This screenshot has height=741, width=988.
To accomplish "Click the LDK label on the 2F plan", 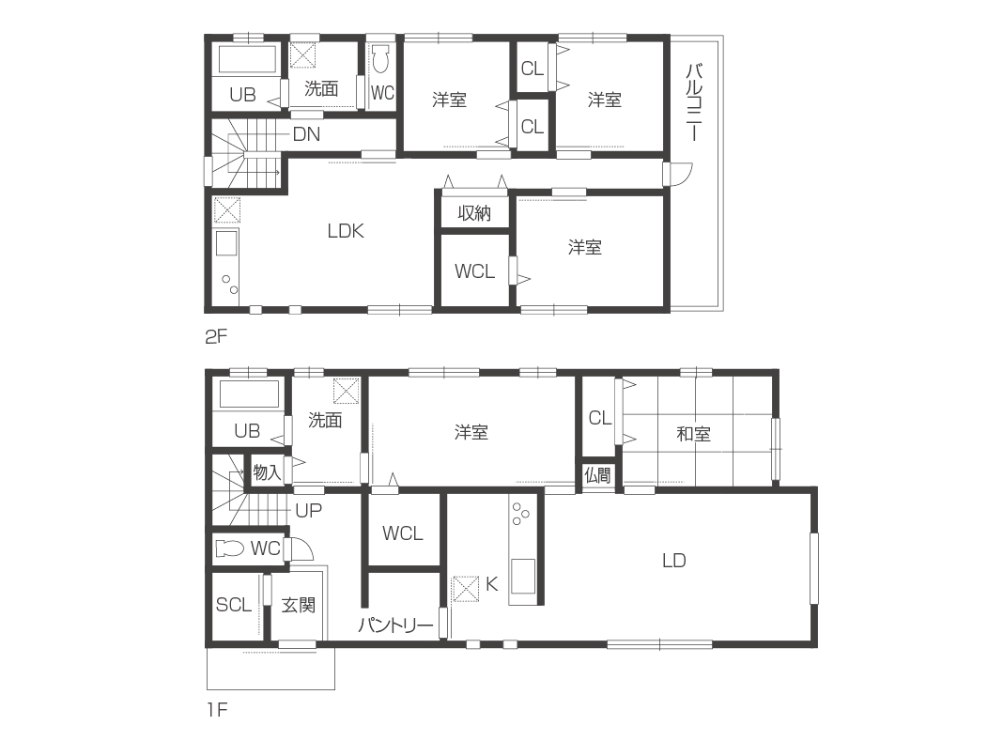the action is pos(346,231).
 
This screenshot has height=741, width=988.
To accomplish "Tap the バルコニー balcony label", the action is pos(694,101).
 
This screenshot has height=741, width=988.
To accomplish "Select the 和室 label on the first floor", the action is pos(693,434).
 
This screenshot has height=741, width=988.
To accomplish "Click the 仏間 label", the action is pos(597,474).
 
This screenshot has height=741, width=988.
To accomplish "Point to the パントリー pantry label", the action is pos(395,625).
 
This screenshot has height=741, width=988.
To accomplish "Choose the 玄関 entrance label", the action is pos(298,605).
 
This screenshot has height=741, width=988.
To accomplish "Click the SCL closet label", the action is pos(234,605).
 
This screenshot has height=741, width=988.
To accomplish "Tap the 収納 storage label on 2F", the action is pos(474,213).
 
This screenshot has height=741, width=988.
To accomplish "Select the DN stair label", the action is pos(306,134).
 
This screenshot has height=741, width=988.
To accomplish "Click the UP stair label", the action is pos(309,510).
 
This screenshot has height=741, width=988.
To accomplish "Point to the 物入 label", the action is pos(267,472).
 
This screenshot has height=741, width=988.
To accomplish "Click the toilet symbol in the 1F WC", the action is pos(229,548).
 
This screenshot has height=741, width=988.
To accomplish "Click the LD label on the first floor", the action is pos(673,560).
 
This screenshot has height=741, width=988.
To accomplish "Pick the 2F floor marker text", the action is pos(215,337).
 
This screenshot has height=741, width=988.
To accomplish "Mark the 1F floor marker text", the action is pos(217,710).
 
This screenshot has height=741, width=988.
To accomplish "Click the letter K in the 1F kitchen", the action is pos(491,584).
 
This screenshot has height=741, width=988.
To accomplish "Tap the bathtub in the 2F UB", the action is pos(248,59).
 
